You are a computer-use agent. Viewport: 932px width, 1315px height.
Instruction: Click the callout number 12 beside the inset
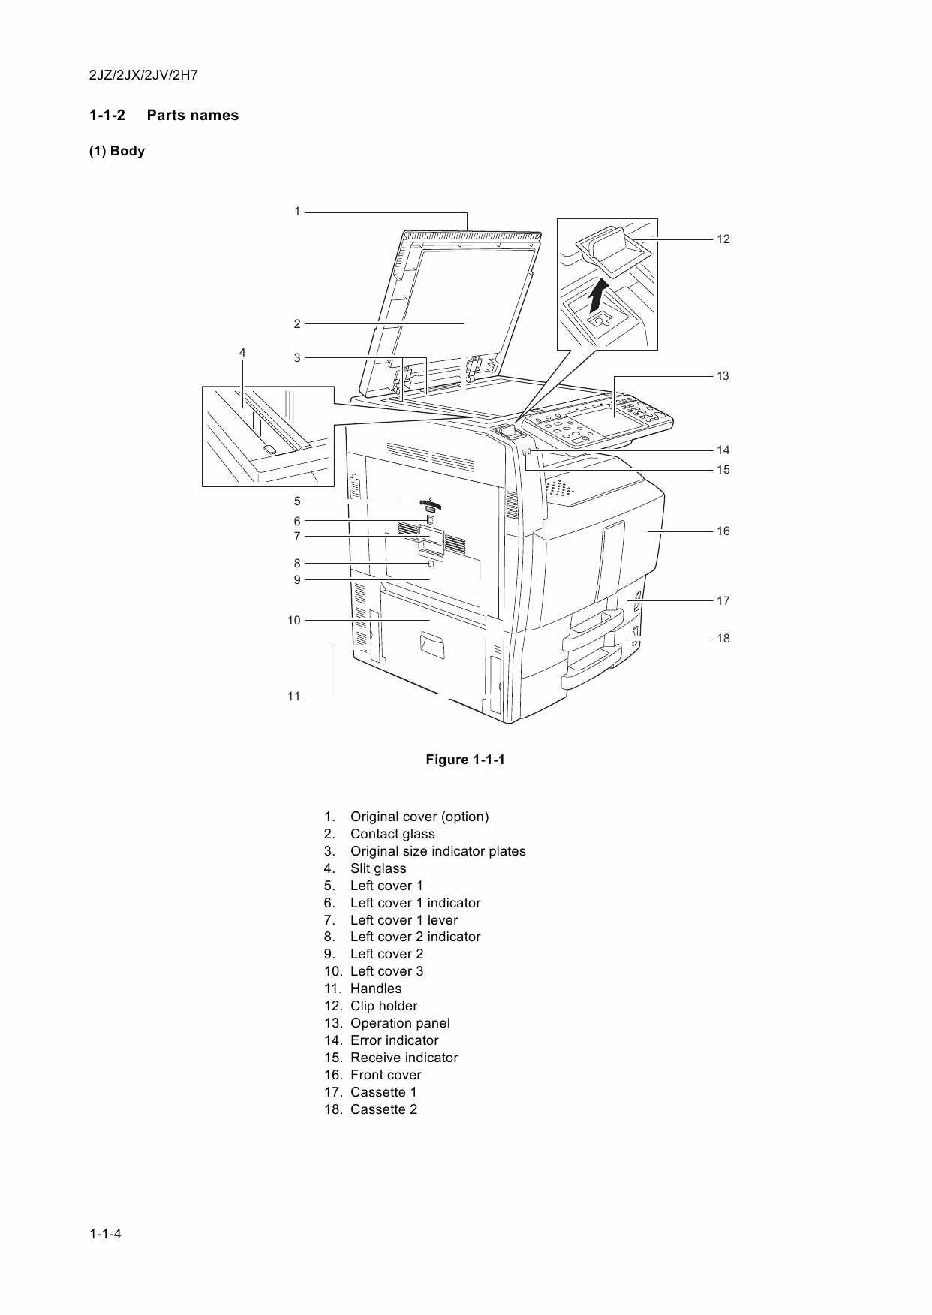(x=723, y=239)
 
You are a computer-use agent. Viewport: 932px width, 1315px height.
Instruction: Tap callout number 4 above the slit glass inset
(x=242, y=352)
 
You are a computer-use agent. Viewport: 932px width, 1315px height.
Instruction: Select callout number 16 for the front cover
(x=723, y=531)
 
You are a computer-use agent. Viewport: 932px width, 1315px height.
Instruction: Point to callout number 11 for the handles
(x=293, y=697)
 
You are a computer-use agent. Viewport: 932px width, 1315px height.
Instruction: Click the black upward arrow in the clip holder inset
(x=598, y=295)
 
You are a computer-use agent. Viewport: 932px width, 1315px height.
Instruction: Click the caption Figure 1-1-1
(x=465, y=760)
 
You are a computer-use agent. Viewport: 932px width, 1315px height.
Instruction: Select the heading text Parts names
(x=192, y=116)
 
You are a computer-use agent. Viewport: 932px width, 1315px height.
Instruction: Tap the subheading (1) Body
(x=117, y=151)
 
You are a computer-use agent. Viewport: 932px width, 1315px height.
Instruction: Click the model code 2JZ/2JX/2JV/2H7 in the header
(x=143, y=76)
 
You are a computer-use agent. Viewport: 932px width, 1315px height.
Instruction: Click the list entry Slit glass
(x=377, y=868)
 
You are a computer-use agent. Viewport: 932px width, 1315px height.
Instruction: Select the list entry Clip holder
(x=383, y=1006)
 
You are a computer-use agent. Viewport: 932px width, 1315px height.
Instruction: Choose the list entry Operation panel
(x=400, y=1023)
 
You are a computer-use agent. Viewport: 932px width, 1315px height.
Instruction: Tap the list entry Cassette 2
(x=383, y=1109)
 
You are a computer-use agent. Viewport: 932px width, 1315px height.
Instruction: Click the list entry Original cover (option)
(x=419, y=817)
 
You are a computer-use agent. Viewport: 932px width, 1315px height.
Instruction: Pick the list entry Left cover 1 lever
(x=404, y=920)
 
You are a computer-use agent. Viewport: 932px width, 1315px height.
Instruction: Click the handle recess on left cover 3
(x=432, y=644)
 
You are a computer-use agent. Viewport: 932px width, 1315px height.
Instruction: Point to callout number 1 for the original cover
(x=297, y=212)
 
